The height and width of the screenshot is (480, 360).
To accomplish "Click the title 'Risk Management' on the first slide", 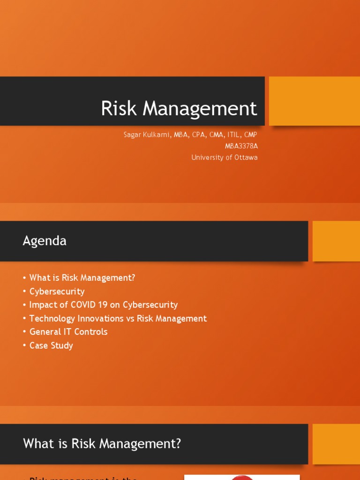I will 179,109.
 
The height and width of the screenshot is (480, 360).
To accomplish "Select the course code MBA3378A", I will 241,146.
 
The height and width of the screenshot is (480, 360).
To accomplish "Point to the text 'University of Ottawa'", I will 224,157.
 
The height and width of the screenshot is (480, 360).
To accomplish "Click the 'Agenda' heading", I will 45,241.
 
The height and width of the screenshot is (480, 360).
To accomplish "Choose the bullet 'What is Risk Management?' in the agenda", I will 82,277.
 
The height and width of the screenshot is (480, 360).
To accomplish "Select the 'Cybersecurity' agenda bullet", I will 57,291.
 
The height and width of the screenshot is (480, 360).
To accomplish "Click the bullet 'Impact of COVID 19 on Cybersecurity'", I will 103,305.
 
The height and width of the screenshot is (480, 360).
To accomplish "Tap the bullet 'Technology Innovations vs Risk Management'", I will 118,318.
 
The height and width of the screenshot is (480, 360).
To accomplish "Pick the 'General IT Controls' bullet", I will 68,332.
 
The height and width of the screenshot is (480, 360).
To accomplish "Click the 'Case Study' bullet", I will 51,345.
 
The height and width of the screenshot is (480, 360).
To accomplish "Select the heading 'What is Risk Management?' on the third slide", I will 102,443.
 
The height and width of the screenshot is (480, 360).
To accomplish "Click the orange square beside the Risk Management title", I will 314,101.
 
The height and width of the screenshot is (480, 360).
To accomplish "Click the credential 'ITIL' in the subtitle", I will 232,135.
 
